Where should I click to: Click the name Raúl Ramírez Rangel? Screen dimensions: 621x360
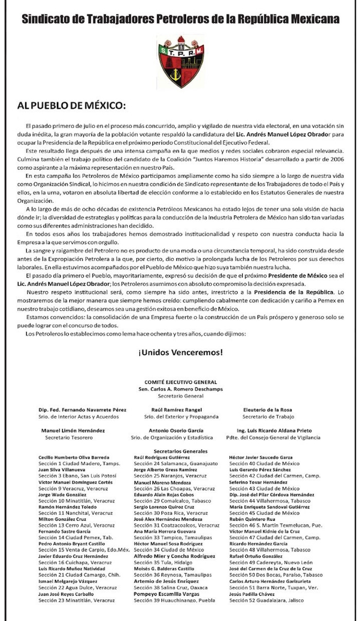click(x=178, y=410)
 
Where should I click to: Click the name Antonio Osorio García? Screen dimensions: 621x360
click(x=178, y=430)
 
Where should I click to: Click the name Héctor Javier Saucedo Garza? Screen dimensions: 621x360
click(x=261, y=457)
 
